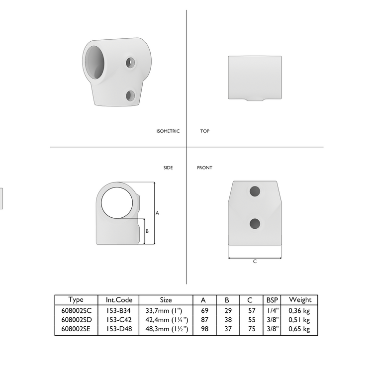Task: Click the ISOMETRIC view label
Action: point(168,131)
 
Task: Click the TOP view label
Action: point(204,131)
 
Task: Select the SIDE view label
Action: point(168,168)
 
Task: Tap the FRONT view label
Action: point(204,168)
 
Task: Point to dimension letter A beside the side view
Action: point(157,213)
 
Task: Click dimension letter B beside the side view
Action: point(147,231)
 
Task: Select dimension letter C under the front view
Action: point(255,262)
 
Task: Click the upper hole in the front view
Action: point(255,190)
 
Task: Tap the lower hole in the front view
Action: point(255,223)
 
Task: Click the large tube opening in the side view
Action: point(117,205)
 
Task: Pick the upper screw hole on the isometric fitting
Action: point(130,63)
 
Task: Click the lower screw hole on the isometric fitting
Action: point(131,95)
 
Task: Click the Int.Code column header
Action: point(119,300)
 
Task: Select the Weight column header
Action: point(300,300)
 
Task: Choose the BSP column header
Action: point(272,300)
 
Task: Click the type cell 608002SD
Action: point(76,320)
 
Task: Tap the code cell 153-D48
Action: point(119,329)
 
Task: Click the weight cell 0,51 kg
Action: point(299,320)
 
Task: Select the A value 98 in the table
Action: point(203,329)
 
